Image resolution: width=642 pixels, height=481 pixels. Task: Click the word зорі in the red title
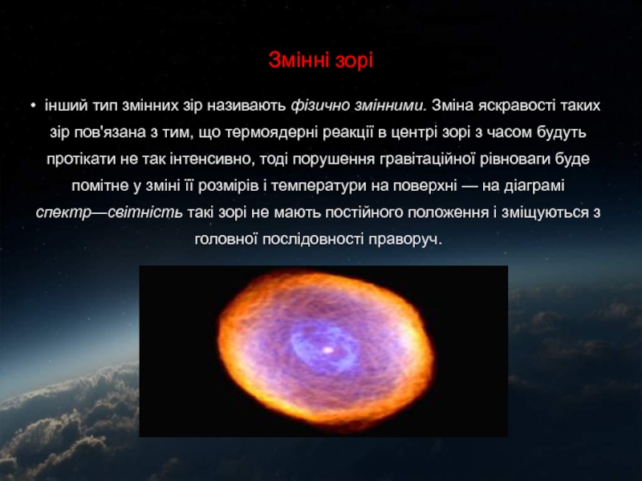354,61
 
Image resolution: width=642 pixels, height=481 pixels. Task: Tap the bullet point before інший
33,106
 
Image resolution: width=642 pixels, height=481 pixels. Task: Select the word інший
66,106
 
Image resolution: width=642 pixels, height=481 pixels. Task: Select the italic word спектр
63,213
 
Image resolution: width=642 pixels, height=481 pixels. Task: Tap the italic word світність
145,212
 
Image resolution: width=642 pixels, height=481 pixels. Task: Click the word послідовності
313,239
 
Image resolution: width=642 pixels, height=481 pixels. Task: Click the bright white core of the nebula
328,350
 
